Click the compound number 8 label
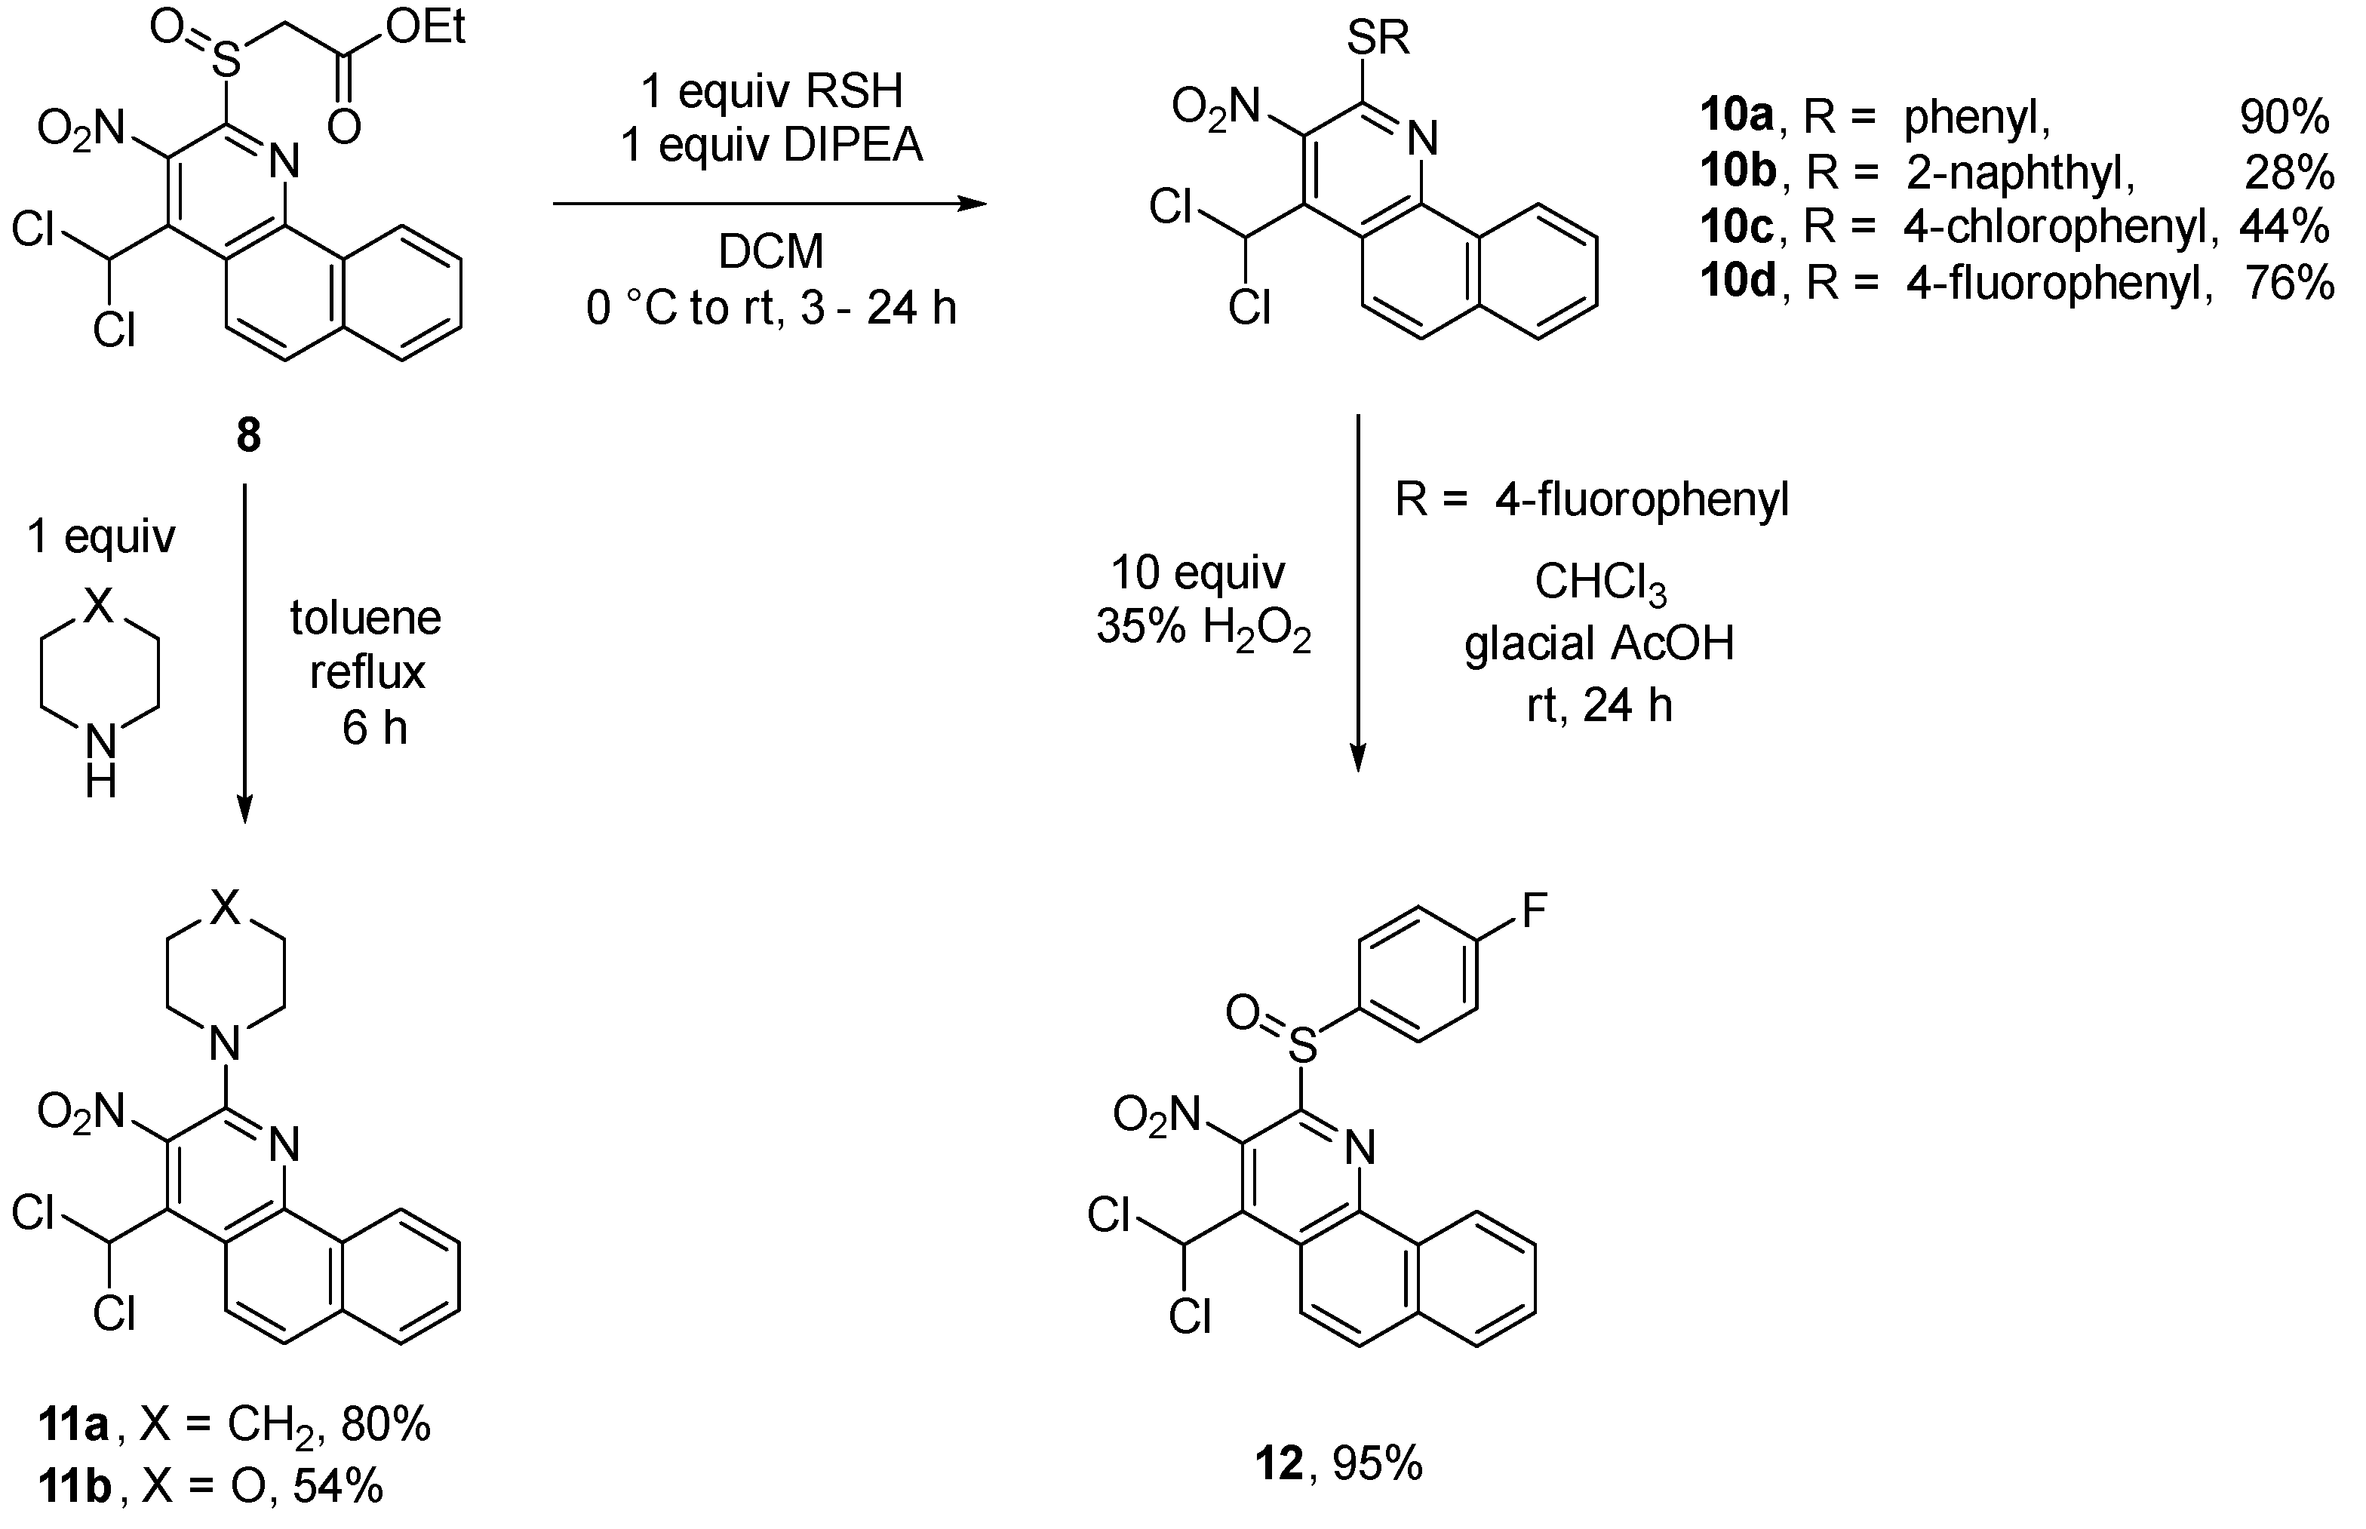248,435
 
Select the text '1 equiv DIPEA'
772,145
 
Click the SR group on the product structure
1378,38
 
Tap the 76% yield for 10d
2288,283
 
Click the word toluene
365,618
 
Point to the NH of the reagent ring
100,760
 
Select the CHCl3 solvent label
1599,583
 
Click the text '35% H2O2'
1203,628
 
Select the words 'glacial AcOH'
1599,643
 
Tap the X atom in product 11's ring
226,905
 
